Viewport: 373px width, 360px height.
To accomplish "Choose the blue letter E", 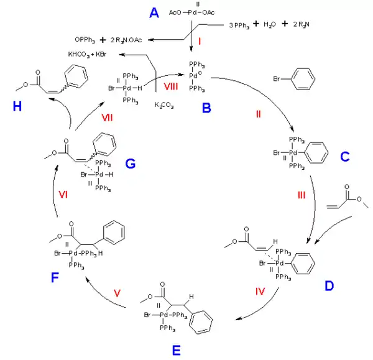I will coord(177,351).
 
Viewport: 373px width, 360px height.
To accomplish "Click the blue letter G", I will coord(130,164).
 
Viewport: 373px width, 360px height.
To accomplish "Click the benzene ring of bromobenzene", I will coord(300,80).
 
